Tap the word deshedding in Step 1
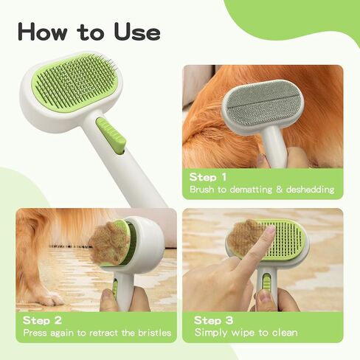308,190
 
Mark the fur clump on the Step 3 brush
246,238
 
